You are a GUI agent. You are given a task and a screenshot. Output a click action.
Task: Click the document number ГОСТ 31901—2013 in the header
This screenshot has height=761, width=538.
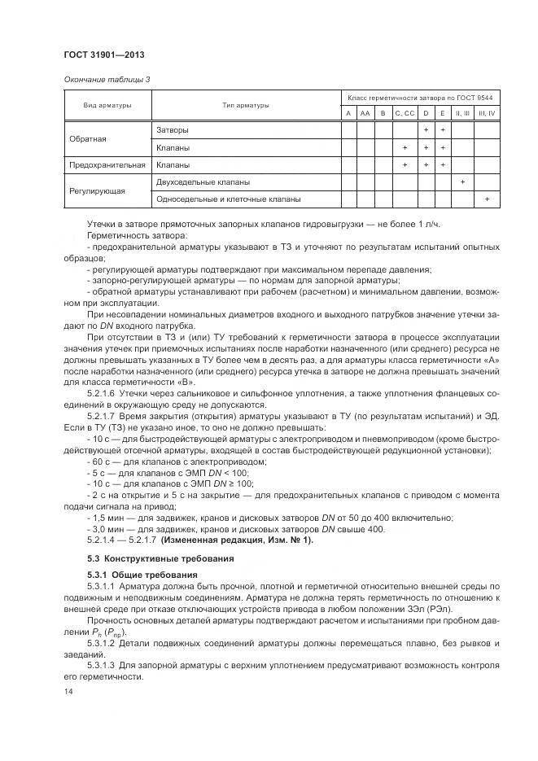click(104, 55)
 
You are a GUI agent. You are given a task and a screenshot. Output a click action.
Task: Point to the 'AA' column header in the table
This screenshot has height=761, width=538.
click(365, 113)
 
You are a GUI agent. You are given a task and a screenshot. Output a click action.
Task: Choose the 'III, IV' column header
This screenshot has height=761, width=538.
click(486, 113)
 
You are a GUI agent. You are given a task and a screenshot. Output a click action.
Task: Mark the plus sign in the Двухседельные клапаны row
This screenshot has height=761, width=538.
click(462, 182)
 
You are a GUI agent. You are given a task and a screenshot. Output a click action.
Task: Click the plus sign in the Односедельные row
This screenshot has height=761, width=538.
click(486, 199)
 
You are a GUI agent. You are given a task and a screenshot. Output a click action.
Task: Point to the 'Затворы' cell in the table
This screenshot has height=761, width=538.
click(172, 129)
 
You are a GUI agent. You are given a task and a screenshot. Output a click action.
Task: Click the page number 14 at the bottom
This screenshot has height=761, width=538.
click(68, 691)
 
